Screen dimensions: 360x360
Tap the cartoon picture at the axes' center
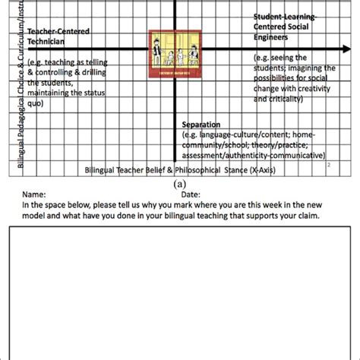click(176, 51)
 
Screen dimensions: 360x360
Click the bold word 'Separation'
click(201, 125)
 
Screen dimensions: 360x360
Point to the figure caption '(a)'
click(180, 184)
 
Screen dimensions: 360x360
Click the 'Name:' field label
click(33, 194)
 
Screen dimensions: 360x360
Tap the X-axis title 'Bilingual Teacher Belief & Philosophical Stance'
click(179, 170)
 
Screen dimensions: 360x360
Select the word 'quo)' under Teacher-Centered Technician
click(33, 104)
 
